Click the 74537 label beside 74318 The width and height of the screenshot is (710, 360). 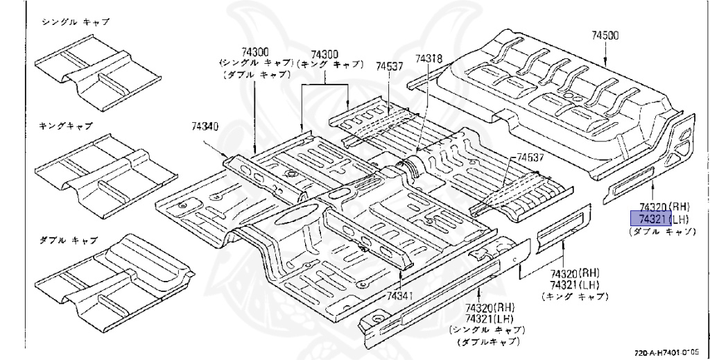(390, 67)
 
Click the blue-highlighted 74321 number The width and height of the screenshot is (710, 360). (648, 219)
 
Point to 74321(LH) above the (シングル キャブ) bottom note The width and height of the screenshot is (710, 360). (490, 318)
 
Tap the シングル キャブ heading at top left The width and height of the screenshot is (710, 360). (76, 22)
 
